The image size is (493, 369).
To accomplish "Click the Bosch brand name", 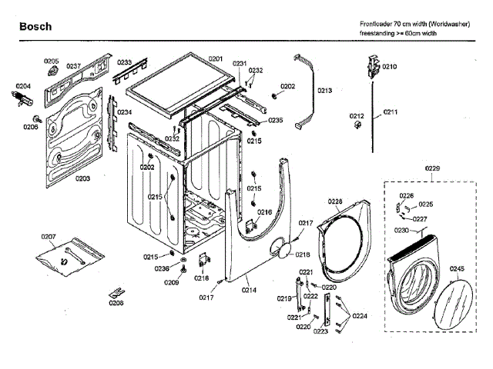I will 35,27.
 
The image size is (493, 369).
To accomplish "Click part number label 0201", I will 215,59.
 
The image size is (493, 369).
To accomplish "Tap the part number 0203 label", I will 82,178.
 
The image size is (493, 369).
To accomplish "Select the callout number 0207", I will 49,236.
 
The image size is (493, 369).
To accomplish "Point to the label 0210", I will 390,67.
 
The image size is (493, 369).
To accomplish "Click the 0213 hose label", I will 324,91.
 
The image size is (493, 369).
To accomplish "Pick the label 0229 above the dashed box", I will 433,168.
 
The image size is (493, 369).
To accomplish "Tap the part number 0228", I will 335,202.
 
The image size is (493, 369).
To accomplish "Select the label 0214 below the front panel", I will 250,290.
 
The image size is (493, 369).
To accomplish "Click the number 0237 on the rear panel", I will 73,67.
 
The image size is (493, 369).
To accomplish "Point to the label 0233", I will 124,61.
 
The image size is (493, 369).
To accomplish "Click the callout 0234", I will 124,112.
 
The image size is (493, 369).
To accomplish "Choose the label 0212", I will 357,116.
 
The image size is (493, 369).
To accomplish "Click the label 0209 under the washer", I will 171,283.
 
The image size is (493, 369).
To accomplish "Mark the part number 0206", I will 30,127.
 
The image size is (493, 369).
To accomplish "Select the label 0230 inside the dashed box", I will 402,231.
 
